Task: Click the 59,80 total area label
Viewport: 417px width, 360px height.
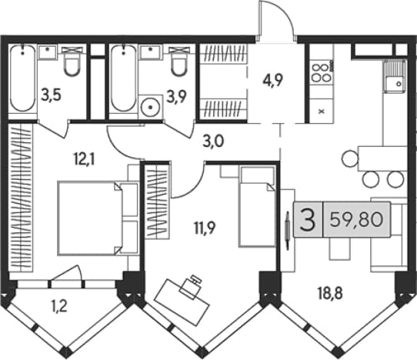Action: point(356,219)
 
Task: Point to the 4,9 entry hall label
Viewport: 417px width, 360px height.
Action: point(272,80)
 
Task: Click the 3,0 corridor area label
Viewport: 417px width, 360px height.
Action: point(213,142)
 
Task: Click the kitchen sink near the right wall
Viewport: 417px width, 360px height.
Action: point(395,76)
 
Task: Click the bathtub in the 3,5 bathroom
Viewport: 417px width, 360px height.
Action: point(22,79)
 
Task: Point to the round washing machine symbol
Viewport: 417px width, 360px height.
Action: point(150,107)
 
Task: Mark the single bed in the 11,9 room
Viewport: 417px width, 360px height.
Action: point(257,207)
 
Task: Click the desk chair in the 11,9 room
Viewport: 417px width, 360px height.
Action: point(191,286)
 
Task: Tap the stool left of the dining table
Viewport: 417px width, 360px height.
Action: point(349,158)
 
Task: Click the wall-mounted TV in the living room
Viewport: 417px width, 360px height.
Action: point(287,231)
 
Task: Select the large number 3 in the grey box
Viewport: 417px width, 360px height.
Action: point(308,220)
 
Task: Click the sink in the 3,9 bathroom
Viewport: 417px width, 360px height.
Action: point(151,52)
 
